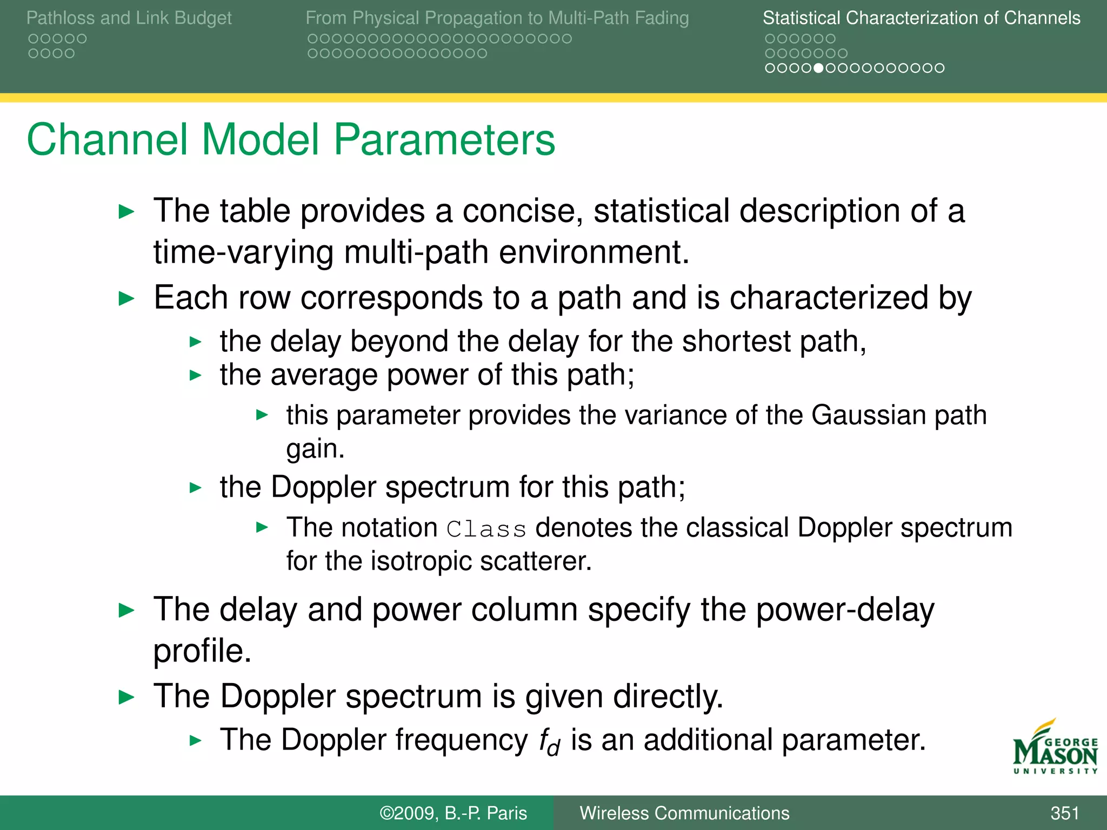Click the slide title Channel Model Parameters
[x=291, y=139]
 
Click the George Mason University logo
[x=1055, y=748]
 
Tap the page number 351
[x=1064, y=813]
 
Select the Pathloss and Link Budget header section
[x=129, y=18]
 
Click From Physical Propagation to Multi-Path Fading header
[x=497, y=18]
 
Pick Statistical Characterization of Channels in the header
[x=921, y=18]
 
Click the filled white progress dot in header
[x=818, y=68]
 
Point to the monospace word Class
[x=486, y=529]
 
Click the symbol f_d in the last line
[x=549, y=741]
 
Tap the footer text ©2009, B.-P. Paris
[x=453, y=813]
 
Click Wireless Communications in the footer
[x=684, y=813]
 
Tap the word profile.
[x=202, y=651]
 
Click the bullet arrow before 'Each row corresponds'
[x=126, y=298]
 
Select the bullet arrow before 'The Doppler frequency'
[x=196, y=740]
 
